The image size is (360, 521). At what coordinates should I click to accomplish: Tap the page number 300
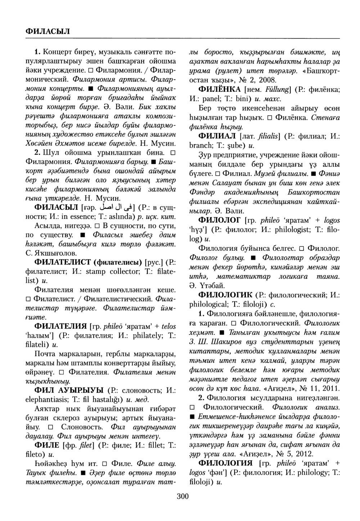pos(183,497)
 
